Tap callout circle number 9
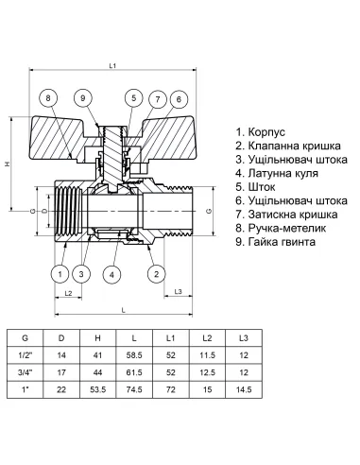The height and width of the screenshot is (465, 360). pyautogui.click(x=84, y=98)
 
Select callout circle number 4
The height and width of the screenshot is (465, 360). pyautogui.click(x=112, y=274)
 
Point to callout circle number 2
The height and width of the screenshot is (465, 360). pyautogui.click(x=154, y=274)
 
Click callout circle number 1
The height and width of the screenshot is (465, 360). pyautogui.click(x=59, y=274)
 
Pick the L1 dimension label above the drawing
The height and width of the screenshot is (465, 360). pyautogui.click(x=111, y=65)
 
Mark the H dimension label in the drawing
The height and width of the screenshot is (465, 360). pyautogui.click(x=8, y=164)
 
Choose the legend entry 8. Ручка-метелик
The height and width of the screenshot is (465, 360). pyautogui.click(x=280, y=243)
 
